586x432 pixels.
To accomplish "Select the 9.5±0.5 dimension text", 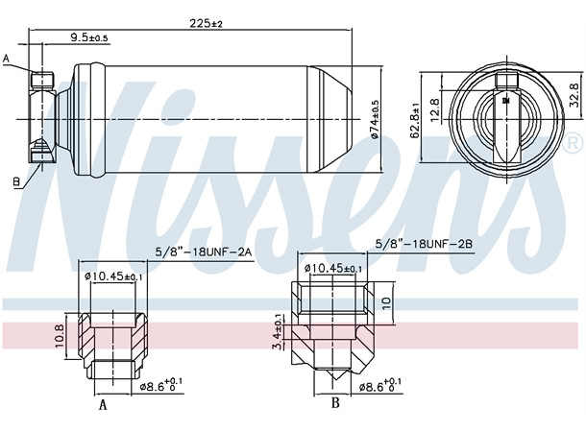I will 89,38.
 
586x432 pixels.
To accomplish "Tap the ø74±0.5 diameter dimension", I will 376,119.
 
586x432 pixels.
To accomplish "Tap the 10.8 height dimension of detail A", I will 59,333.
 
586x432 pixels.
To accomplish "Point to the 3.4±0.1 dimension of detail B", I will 278,331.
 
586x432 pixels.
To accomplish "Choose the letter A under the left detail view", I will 102,405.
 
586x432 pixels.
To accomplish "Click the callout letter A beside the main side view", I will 7,60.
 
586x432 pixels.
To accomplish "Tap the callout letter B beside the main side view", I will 16,180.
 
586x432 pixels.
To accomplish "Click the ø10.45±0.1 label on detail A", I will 114,277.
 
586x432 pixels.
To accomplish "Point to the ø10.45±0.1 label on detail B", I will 334,269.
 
